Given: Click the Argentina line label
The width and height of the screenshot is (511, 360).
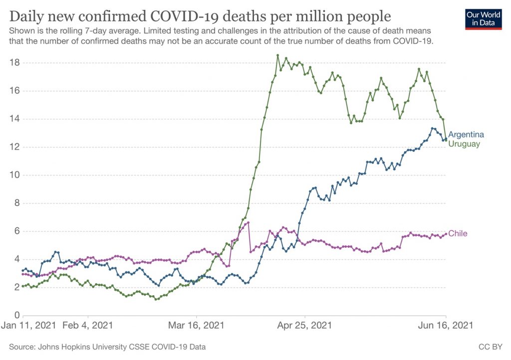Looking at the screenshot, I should coord(466,135).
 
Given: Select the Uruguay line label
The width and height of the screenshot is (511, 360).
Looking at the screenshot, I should coord(464,144).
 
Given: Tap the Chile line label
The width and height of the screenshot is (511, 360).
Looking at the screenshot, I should coord(458,233).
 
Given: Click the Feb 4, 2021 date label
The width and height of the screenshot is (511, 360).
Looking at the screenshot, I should coord(88,327).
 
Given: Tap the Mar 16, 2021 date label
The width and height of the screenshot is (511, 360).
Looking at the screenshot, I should coord(196,327).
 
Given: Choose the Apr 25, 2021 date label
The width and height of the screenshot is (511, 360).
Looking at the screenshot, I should coord(304,327).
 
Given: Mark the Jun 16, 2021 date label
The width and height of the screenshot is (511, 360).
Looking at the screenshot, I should coord(446,327).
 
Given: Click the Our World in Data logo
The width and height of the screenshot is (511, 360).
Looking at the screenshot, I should coord(483,19).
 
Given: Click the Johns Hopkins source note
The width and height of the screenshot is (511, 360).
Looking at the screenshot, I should coord(107,347).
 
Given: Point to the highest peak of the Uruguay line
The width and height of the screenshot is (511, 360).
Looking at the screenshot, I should coord(278,55).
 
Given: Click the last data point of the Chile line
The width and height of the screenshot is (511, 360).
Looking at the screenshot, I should coord(446,234).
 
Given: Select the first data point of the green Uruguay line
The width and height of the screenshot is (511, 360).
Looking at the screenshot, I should coord(23,286).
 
